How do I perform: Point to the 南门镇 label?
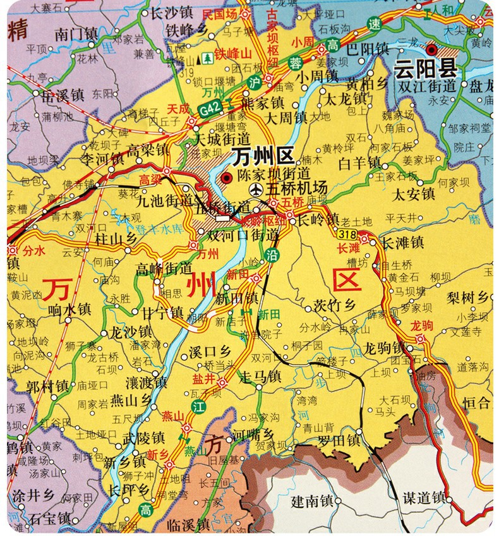(x=76, y=33)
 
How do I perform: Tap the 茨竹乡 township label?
(x=335, y=306)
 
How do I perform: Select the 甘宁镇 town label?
(x=162, y=313)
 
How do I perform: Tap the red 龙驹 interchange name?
(x=422, y=326)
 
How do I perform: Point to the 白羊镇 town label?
(x=360, y=164)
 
